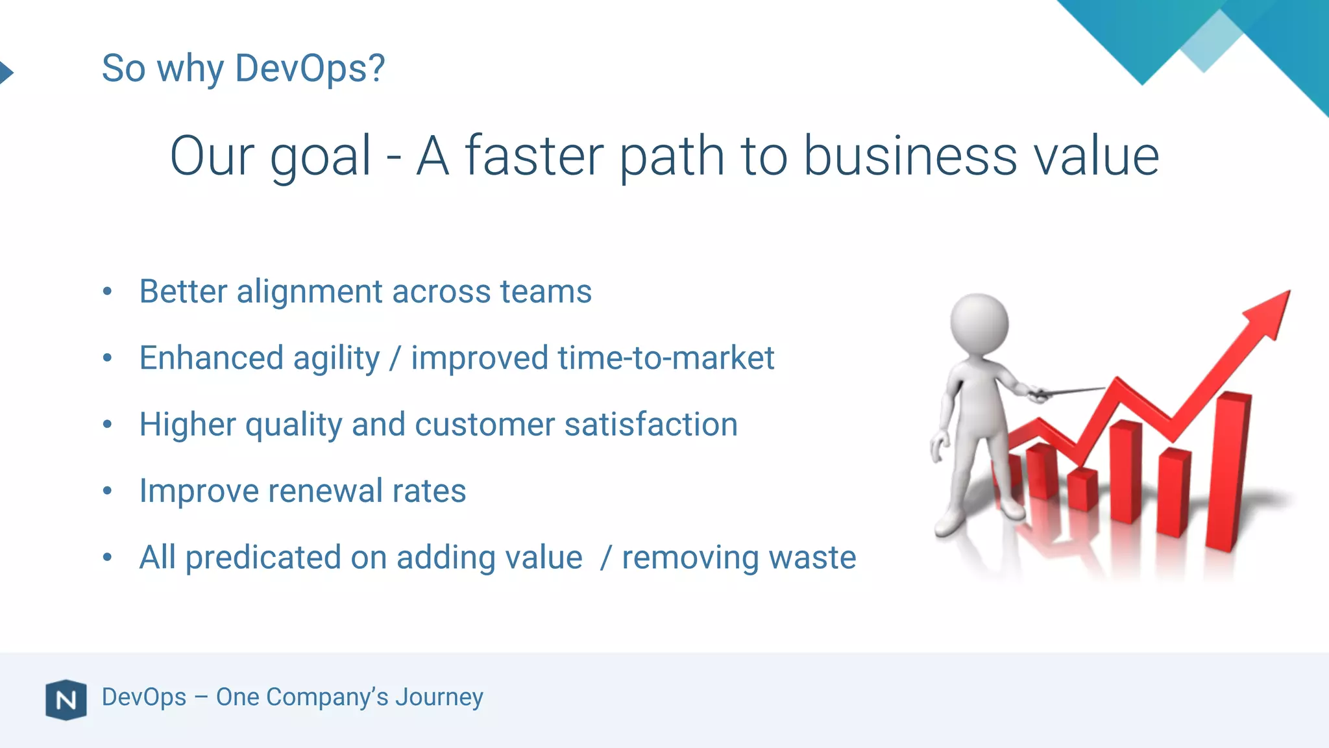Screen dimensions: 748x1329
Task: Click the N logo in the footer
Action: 66,700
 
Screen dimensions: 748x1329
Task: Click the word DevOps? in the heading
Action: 310,68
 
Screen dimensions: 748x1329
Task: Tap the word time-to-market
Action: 665,358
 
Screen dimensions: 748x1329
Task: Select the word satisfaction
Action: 651,425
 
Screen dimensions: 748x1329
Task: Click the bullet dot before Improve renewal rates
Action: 108,492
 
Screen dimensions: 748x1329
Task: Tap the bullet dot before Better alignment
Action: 108,292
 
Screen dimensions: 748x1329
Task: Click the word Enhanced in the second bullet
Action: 212,358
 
